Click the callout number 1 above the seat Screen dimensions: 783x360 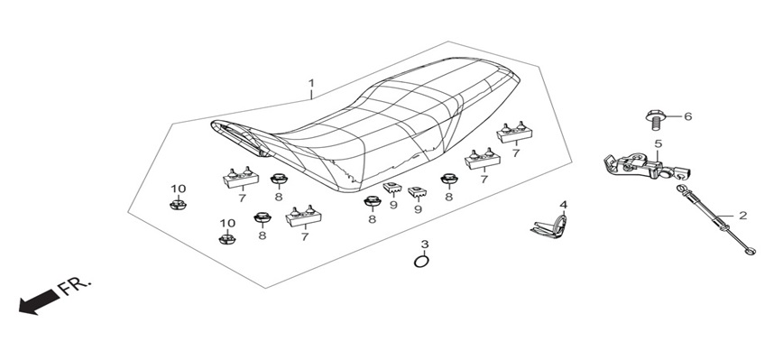[311, 82]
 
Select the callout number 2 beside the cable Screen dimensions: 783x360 [743, 216]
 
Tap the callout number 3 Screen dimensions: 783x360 [425, 245]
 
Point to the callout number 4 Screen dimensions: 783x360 [563, 205]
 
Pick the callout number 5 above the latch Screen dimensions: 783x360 [659, 143]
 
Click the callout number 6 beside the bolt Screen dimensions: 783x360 [688, 116]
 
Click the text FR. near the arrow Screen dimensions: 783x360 [75, 288]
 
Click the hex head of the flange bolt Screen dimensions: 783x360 [654, 115]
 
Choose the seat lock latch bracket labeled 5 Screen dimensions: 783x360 [648, 167]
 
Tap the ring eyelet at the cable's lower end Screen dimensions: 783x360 [750, 251]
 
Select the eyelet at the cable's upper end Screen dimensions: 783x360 [681, 189]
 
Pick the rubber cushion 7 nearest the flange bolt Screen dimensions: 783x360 [514, 134]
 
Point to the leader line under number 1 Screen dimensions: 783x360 [311, 95]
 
